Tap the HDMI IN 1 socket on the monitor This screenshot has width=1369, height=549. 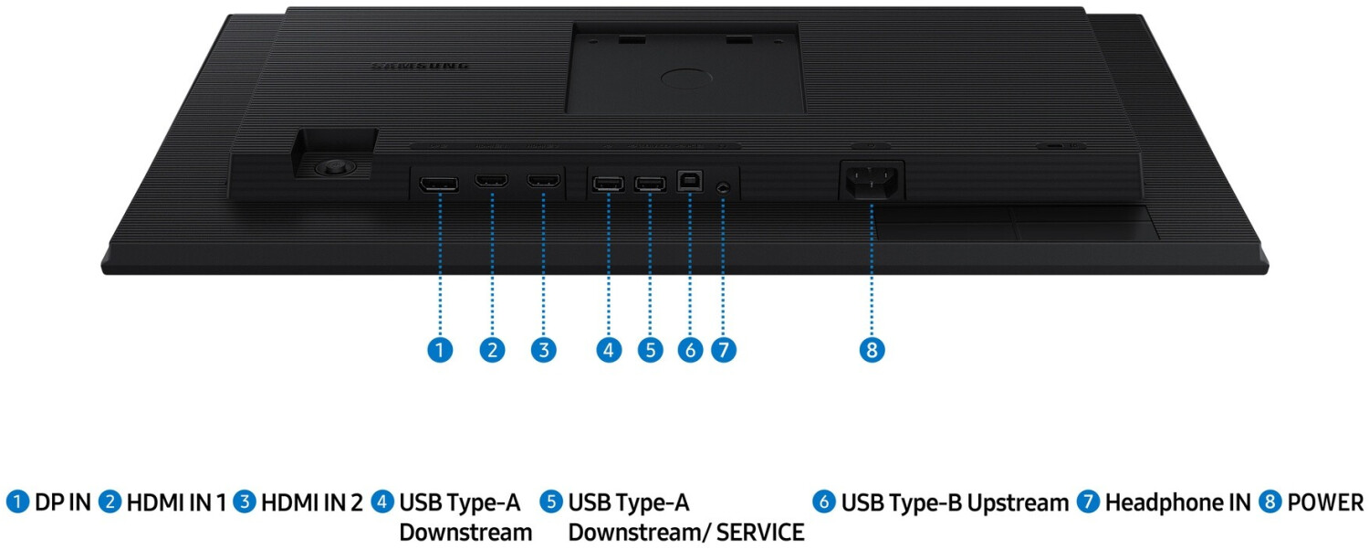click(491, 181)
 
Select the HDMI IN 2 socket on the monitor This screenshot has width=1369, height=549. click(543, 181)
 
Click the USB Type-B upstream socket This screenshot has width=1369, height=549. click(690, 183)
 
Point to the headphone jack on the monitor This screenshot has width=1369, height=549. click(723, 185)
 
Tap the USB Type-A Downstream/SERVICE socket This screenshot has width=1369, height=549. click(650, 184)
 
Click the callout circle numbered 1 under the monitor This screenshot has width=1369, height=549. click(440, 350)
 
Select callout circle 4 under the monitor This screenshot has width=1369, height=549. click(609, 350)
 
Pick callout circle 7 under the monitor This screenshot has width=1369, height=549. click(723, 350)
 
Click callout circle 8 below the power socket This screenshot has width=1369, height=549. click(872, 350)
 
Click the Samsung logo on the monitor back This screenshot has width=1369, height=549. click(421, 67)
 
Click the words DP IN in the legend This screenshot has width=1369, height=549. click(63, 502)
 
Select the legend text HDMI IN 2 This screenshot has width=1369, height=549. click(311, 502)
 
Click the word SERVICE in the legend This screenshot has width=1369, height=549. click(760, 532)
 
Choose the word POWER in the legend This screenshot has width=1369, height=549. click(1325, 502)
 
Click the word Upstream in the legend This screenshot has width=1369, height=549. click(1018, 503)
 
